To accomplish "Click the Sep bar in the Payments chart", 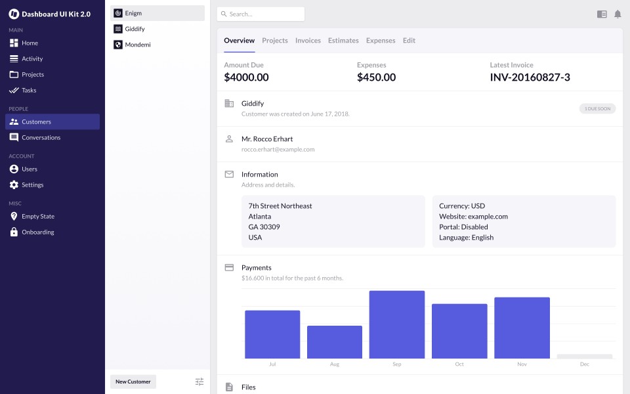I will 397,324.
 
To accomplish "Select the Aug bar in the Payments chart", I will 335,341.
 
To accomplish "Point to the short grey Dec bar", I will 584,357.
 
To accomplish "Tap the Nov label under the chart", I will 522,364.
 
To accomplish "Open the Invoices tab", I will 308,41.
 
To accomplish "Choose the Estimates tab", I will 343,41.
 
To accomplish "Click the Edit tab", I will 409,41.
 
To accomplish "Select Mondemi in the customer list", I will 138,45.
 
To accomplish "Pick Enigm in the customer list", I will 133,13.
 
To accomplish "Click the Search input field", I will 261,14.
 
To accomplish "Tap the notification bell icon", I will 618,14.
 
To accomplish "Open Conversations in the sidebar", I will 41,137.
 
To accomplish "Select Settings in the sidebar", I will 32,185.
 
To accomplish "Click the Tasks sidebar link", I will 29,90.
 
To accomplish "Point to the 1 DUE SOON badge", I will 597,108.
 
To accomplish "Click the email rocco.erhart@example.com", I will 278,149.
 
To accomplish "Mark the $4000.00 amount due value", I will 246,77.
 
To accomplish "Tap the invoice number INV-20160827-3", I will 530,77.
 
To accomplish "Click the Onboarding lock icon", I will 14,232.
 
